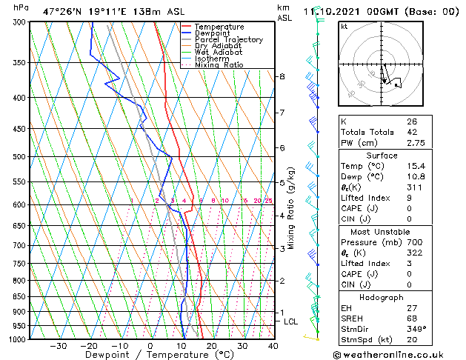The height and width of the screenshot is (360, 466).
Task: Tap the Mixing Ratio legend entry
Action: [x=219, y=65]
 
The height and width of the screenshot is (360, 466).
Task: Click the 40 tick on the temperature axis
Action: [x=273, y=345]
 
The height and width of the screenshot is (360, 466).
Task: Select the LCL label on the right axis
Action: [x=290, y=321]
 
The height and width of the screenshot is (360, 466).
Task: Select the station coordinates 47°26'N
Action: [x=61, y=11]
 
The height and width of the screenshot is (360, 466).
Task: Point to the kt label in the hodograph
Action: [x=344, y=27]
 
